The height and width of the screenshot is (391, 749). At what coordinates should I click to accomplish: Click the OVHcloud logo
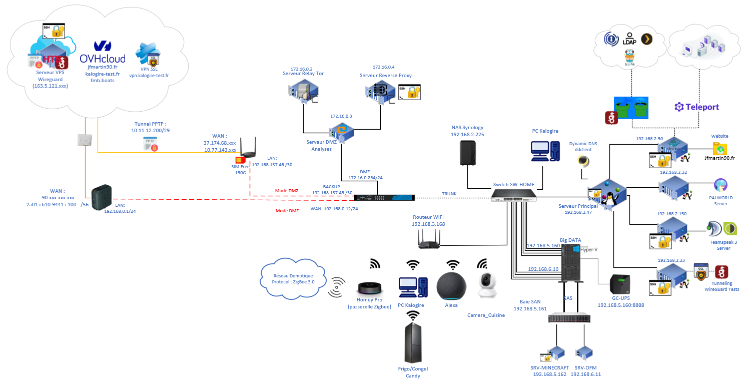103,53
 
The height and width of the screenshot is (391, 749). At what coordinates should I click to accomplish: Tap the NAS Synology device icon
467,153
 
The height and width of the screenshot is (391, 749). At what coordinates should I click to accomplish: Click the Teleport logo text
696,107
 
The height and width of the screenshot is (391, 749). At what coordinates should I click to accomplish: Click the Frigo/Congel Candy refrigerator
413,342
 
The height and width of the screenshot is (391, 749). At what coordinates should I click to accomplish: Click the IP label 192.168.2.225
467,135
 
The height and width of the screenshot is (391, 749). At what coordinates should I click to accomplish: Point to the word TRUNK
449,193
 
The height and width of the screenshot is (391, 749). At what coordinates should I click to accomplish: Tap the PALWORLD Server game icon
720,185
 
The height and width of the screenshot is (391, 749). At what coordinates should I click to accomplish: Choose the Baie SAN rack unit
569,317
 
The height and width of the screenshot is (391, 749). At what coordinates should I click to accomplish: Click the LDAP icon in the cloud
629,39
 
